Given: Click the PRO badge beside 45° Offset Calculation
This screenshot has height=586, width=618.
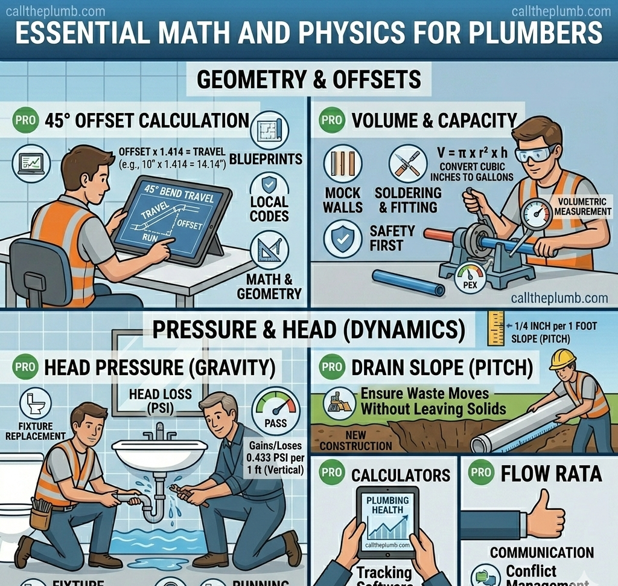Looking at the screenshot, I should coord(25,120).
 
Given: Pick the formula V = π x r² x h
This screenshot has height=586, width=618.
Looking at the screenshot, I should coord(472,153).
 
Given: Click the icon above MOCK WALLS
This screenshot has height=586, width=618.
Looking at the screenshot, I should coord(342,164).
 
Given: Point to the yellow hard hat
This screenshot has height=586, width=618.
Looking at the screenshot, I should coord(562,358).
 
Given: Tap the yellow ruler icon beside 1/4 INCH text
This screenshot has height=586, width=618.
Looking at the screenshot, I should coord(495,328).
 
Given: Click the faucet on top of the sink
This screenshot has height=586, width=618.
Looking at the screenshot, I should coord(159,431).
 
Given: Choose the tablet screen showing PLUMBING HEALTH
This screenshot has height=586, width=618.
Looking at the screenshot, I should coord(387,521).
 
